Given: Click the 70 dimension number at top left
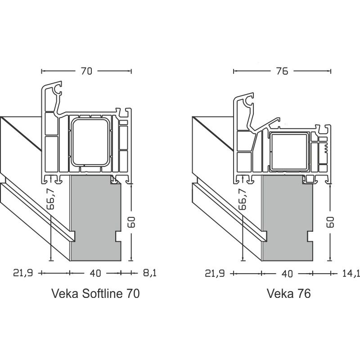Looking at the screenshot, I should tap(87, 71).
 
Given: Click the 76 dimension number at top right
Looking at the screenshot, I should tap(282, 71).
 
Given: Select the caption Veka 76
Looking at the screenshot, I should tap(289, 294).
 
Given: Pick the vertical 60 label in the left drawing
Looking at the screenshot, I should tap(130, 222).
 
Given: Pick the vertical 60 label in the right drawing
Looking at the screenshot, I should tap(331, 222).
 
